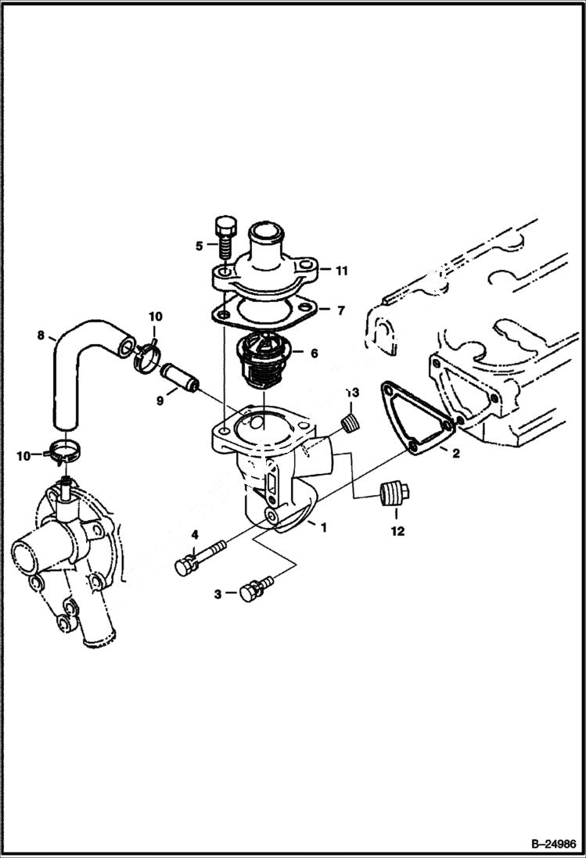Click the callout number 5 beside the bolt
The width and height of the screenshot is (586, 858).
click(x=199, y=245)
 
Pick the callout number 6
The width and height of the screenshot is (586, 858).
click(x=314, y=354)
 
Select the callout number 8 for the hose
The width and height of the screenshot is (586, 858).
click(x=41, y=337)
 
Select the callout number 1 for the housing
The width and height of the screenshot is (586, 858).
click(x=323, y=527)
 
